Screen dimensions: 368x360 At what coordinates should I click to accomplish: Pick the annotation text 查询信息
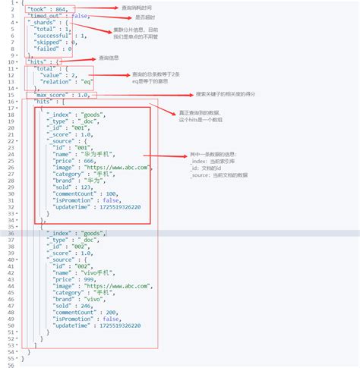point(108,58)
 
